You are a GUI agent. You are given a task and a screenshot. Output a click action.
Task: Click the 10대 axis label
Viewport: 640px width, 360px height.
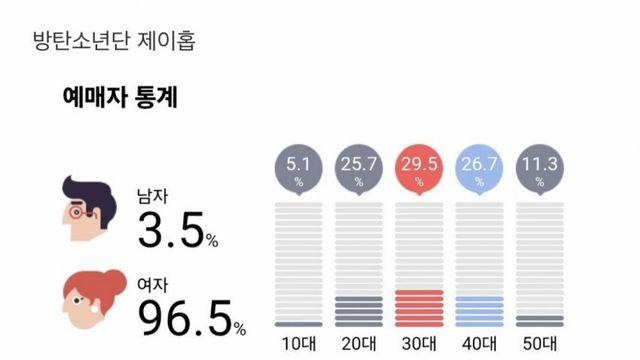click(x=298, y=345)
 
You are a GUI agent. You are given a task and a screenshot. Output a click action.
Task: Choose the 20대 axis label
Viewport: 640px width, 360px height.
click(x=359, y=345)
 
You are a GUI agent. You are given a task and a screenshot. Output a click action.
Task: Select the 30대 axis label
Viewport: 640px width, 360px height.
click(x=419, y=345)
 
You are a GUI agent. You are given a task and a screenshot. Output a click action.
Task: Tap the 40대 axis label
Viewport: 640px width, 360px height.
click(x=479, y=345)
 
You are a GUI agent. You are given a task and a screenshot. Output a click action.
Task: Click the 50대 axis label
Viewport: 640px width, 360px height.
click(x=540, y=345)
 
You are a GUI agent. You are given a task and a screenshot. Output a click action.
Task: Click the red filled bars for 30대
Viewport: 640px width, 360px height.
click(x=419, y=308)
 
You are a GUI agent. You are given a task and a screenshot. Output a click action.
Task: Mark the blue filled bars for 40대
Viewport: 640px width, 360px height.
click(x=479, y=311)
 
